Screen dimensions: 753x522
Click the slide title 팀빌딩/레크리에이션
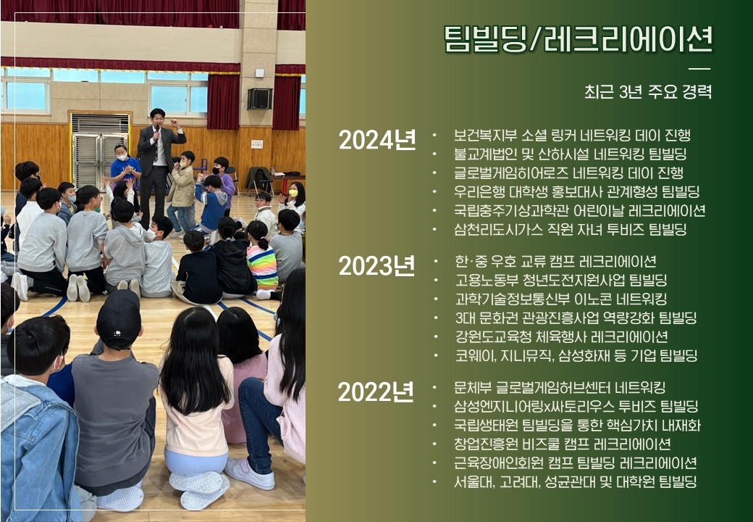pyautogui.click(x=579, y=38)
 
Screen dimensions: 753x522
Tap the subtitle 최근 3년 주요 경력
pyautogui.click(x=648, y=91)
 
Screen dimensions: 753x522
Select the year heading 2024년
pyautogui.click(x=377, y=140)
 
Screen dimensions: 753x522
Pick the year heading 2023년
pyautogui.click(x=377, y=266)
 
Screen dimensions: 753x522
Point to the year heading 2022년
pyautogui.click(x=376, y=391)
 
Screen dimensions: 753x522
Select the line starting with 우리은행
pyautogui.click(x=577, y=191)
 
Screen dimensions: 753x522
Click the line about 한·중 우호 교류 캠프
pyautogui.click(x=555, y=261)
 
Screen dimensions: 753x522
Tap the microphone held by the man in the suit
pyautogui.click(x=156, y=133)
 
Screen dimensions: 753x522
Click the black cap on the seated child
pyautogui.click(x=119, y=318)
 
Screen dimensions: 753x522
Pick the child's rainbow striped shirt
pyautogui.click(x=262, y=268)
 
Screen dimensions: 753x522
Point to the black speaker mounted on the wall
pyautogui.click(x=260, y=99)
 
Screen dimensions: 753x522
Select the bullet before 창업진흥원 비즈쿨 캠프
pyautogui.click(x=435, y=444)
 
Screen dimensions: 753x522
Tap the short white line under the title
pyautogui.click(x=699, y=69)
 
